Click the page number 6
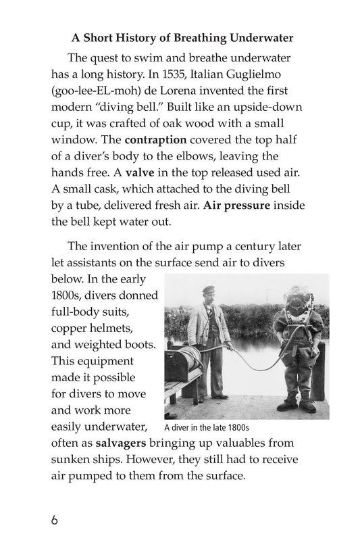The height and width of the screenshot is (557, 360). tap(55, 521)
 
